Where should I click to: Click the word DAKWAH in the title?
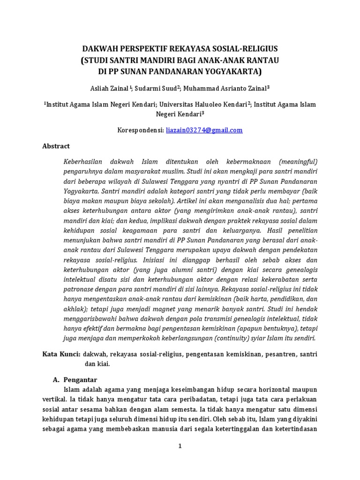tap(99, 49)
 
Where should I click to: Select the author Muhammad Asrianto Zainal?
tap(218, 88)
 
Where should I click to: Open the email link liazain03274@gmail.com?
tap(204, 130)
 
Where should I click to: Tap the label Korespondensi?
tap(141, 130)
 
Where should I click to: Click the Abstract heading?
tap(56, 146)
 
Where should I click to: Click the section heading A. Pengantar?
tap(75, 380)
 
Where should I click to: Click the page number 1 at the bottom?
tap(180, 446)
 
